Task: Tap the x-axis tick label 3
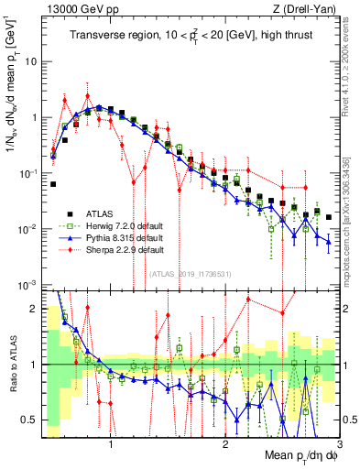339,442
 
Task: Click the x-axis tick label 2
225,442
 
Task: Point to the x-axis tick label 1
111,442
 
